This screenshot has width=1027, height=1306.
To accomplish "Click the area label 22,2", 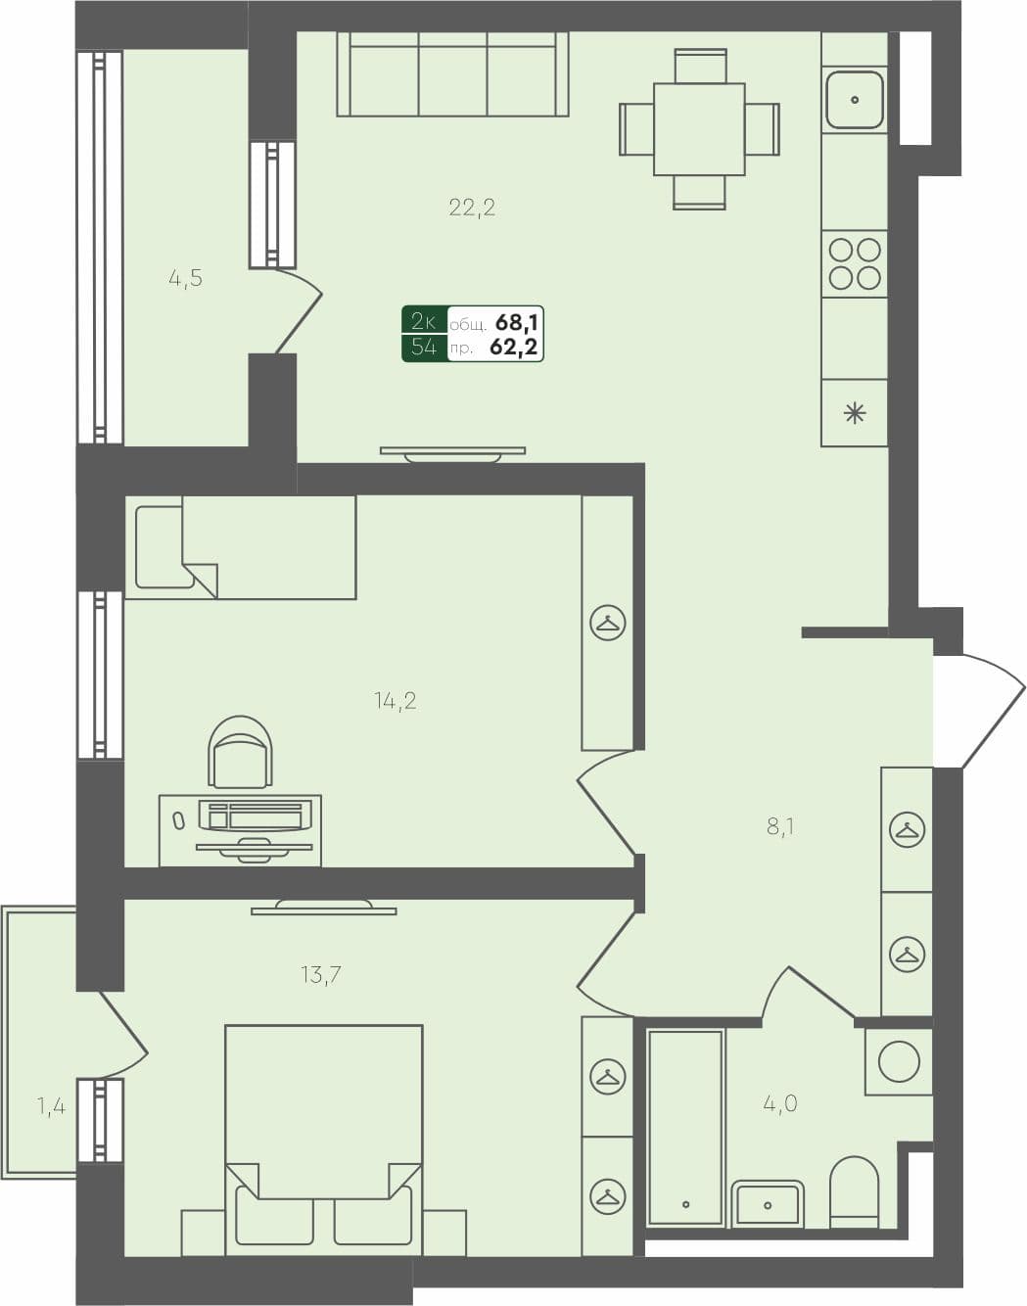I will pos(472,207).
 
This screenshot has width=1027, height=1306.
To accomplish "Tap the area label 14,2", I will pos(395,700).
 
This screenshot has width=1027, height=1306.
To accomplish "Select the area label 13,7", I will pos(321,974).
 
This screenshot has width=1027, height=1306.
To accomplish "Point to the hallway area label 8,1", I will pos(780,827).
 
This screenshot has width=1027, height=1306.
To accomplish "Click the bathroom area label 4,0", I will pos(780,1103).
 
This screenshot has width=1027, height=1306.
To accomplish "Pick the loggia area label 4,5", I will pos(185,278).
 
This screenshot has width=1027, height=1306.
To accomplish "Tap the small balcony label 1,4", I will pos(51,1107).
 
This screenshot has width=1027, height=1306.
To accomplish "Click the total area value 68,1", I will pos(518,322).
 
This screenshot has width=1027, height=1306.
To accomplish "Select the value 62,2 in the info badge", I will pos(515,347).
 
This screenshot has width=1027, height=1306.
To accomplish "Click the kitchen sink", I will pos(855,100).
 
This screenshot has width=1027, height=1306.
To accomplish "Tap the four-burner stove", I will pos(855,263).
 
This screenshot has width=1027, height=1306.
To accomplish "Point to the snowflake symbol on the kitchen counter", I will pos(855,413).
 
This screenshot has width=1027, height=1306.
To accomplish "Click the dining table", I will pos(699,129).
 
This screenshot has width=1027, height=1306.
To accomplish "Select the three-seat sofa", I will pos(452,74).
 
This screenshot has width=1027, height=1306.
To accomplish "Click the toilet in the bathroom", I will pos(854,1191).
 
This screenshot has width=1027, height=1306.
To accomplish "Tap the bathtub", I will pos(685,1126).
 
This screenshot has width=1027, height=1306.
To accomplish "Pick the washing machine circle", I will pos(899,1061).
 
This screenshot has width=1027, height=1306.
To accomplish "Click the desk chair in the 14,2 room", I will pos(240,752).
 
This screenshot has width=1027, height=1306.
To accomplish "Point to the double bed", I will pos(323,1136).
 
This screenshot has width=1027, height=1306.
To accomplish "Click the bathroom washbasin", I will pos(769,1203).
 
